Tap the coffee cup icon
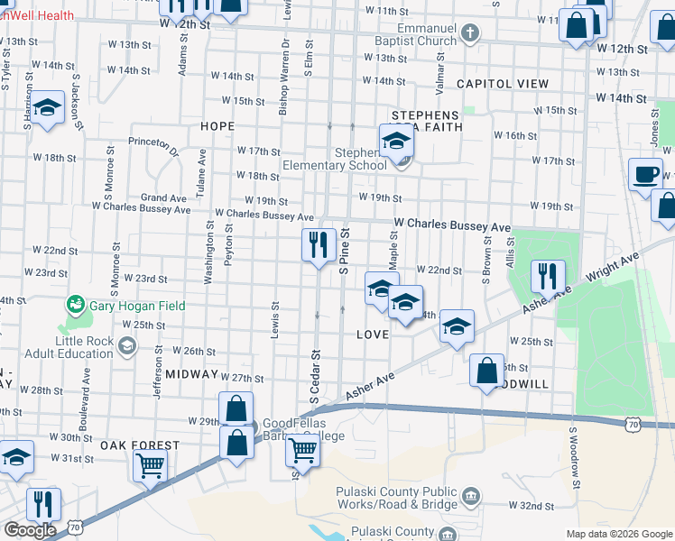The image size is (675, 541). [x=645, y=174]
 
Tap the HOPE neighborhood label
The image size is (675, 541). [x=217, y=127]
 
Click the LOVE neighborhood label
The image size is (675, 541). [x=373, y=335]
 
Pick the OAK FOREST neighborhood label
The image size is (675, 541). [x=140, y=445]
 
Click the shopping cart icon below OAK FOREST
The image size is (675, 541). [x=150, y=466]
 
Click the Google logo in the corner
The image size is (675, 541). [x=30, y=530]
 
